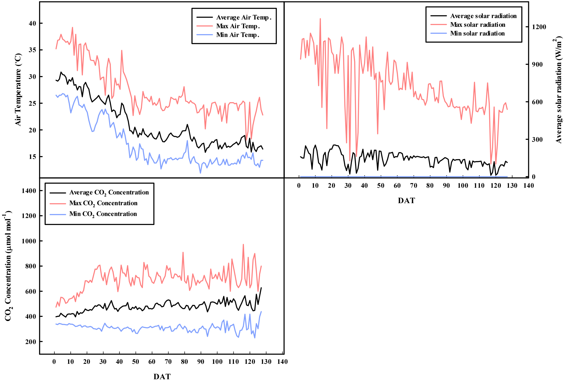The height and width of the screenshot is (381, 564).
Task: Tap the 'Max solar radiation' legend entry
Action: coord(477,25)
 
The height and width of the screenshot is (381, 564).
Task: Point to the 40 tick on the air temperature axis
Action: coord(32,23)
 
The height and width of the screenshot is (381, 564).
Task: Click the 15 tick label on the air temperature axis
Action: coord(32,157)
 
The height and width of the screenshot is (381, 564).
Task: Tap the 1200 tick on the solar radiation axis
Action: coord(539,27)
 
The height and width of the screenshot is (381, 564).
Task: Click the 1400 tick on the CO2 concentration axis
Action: coord(29,191)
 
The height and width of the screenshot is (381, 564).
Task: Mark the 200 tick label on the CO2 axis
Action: coord(31,342)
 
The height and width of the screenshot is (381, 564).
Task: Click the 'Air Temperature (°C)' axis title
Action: coord(18,90)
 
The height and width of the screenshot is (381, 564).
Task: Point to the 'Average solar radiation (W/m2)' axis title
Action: coord(558,90)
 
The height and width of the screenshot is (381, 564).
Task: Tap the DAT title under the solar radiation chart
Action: coord(406,201)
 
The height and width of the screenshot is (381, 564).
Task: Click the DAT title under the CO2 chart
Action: coord(162,376)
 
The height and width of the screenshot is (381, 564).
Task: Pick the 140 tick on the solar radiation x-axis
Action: coord(528,186)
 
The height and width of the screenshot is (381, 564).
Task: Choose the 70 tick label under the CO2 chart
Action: coord(168,362)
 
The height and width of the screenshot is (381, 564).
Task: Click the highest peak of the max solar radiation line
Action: coord(320,19)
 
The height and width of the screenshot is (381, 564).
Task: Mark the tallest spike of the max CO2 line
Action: coord(243,244)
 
